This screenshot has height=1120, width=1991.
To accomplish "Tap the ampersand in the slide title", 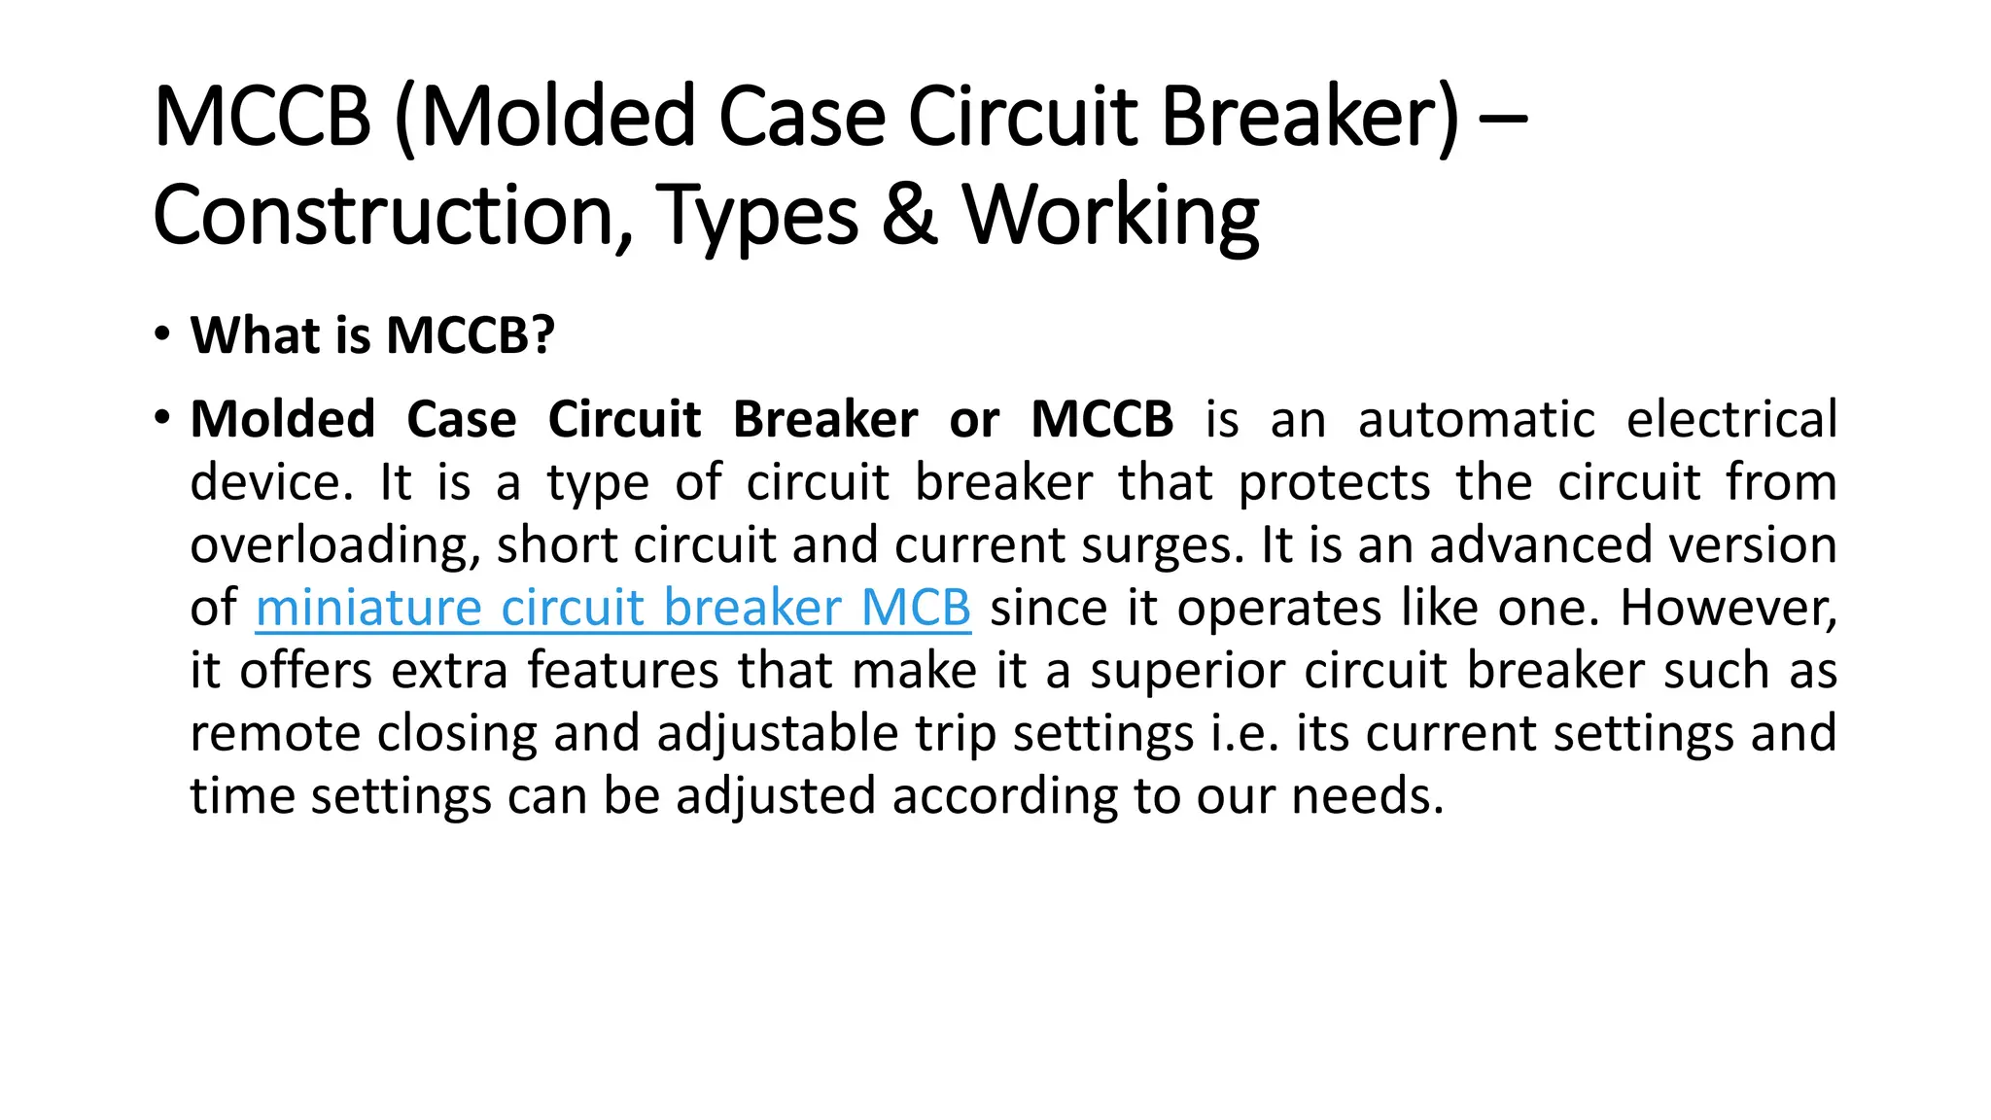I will (x=910, y=215).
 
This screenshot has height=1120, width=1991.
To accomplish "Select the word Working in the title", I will (x=1110, y=217).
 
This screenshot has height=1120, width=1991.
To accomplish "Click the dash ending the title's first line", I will (x=1502, y=119).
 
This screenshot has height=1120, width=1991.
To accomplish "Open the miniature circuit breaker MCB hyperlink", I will (x=612, y=608).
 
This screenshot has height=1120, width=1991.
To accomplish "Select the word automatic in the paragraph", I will (x=1476, y=420).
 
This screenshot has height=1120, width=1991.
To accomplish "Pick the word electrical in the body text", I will (x=1731, y=420).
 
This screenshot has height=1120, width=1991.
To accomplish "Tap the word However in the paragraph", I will (x=1728, y=608).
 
